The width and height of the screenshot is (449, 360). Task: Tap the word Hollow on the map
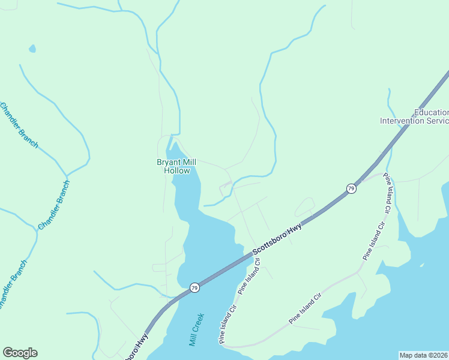pyautogui.click(x=177, y=170)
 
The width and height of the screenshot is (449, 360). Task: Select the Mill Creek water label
pyautogui.click(x=197, y=330)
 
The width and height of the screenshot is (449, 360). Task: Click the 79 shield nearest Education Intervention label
pyautogui.click(x=351, y=189)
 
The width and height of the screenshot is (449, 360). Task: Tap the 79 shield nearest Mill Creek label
pyautogui.click(x=194, y=288)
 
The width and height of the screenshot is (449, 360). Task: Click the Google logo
pyautogui.click(x=20, y=353)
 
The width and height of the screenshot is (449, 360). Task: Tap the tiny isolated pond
pyautogui.click(x=32, y=49)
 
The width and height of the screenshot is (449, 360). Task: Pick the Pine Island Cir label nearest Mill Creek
pyautogui.click(x=229, y=324)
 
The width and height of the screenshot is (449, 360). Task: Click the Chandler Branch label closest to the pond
pyautogui.click(x=19, y=125)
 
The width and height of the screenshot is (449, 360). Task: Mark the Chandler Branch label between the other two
pyautogui.click(x=54, y=205)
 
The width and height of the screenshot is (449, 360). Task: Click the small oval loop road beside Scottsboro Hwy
pyautogui.click(x=304, y=206)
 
